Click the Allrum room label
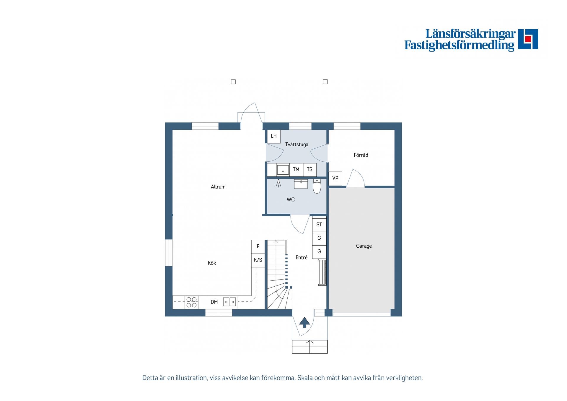218,187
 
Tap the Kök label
212,263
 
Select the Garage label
364,246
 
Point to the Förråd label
361,155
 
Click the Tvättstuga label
296,144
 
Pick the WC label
291,199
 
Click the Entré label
302,257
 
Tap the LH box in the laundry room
274,136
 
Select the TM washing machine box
296,170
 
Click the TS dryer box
310,170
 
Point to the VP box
335,178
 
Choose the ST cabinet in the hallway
319,225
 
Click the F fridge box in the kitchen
258,246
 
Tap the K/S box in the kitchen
258,260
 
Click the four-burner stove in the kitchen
192,302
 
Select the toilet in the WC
317,186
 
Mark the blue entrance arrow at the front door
304,323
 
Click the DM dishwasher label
214,302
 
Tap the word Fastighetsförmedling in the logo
459,45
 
